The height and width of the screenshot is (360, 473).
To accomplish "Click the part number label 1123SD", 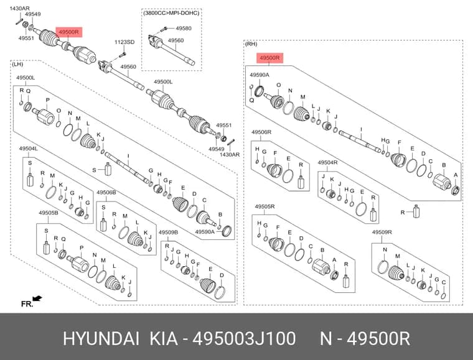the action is coord(124,42).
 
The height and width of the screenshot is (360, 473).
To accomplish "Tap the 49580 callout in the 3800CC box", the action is coord(184,29).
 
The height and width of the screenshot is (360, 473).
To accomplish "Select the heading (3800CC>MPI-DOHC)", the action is coord(171,13).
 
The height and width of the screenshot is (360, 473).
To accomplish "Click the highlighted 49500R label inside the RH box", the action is coord(269,58).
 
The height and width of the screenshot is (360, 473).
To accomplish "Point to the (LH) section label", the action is coord(17,64).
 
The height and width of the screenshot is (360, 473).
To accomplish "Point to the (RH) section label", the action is coord(251,44).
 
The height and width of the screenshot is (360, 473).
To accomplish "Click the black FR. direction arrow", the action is coord(37,298).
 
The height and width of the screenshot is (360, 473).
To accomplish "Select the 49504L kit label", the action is coord(29,149).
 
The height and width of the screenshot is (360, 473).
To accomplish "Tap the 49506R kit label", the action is coord(261,132).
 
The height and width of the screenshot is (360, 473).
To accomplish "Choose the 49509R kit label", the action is coord(382,232).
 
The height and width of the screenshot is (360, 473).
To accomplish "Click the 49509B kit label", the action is coord(168,233).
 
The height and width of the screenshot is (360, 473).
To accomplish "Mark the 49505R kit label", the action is coord(265,206).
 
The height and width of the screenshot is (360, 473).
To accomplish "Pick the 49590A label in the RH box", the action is coord(260,75).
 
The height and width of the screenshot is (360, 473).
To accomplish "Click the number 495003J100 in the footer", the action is coord(244,338).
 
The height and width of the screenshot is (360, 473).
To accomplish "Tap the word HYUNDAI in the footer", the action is coord(101,338).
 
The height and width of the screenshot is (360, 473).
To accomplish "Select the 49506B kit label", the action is coord(106,193).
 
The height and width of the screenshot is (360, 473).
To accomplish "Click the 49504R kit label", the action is coord(327,163).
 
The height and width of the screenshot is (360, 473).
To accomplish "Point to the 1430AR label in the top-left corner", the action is coord(20,9).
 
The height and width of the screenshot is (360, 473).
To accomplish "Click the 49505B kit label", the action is coord(49,213).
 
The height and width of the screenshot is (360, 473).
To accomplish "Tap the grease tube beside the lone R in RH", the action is coord(416,211).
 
